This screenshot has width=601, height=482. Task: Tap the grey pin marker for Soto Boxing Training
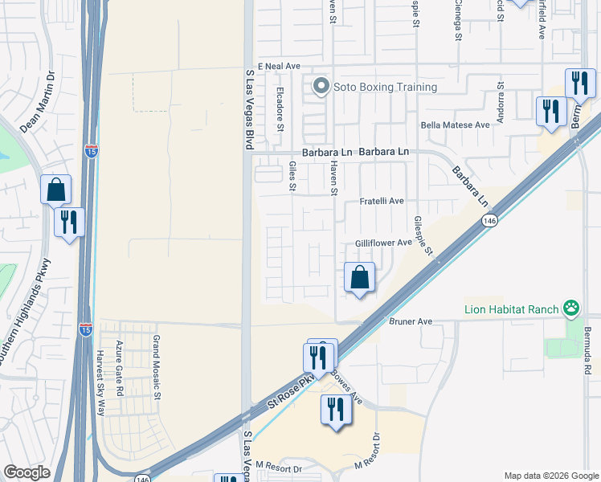pos(321,85)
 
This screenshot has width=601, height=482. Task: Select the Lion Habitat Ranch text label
pos(513,308)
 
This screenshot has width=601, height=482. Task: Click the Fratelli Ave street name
pos(381,201)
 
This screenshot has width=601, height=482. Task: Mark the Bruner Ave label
pos(411,321)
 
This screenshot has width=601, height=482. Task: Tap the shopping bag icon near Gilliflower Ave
pos(359,277)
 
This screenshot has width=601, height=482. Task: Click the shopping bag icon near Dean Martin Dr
pos(56,190)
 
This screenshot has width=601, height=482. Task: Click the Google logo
pos(27,472)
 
